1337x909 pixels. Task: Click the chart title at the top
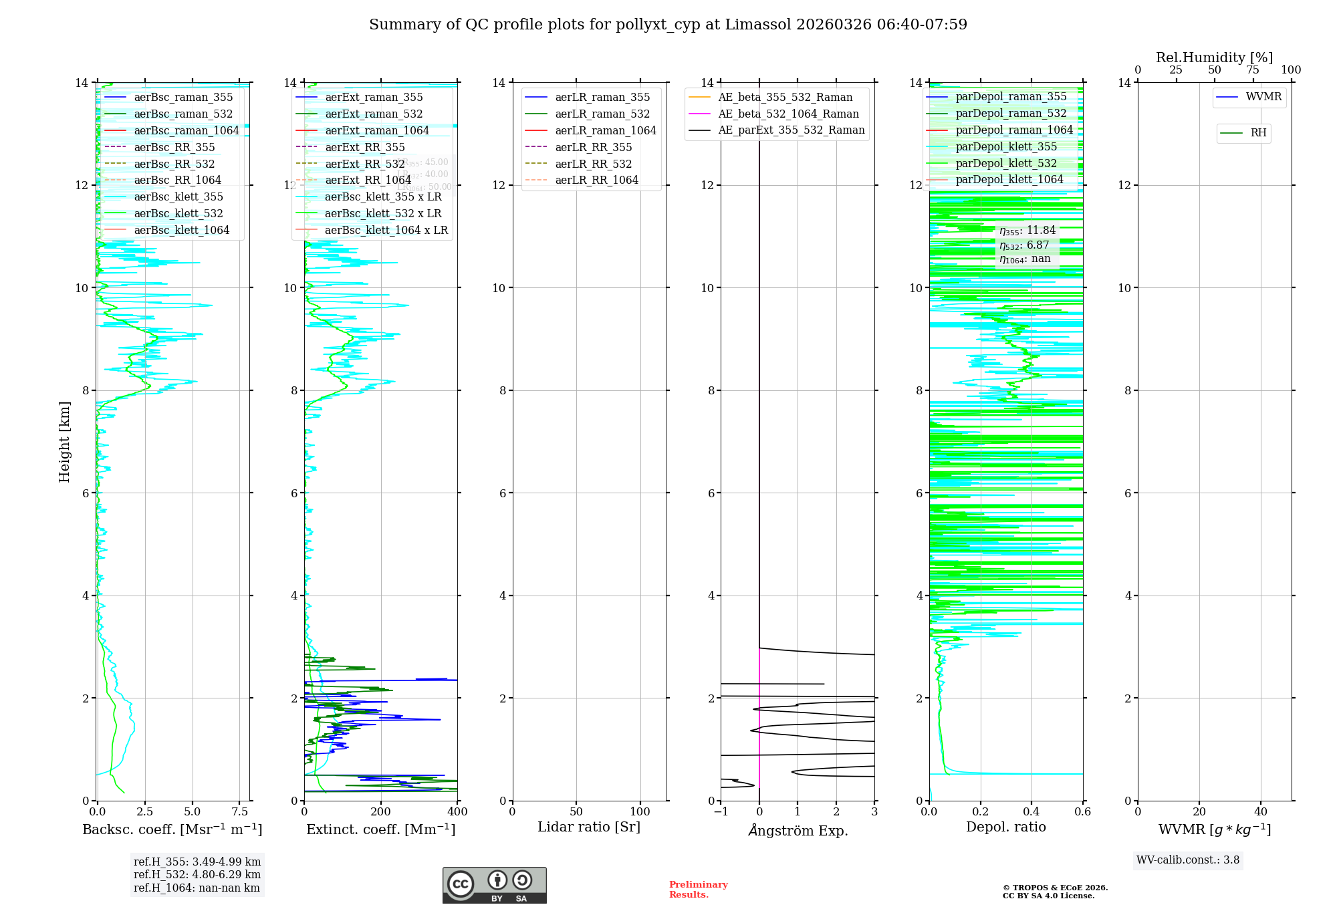pos(668,25)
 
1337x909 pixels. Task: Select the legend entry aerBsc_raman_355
pos(183,98)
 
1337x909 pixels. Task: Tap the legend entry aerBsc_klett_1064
pos(181,230)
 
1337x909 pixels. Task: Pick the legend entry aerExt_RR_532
pos(364,164)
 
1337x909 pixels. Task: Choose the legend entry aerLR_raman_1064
pos(605,130)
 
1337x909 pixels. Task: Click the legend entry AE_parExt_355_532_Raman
pos(791,130)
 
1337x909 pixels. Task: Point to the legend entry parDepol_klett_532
pos(1006,163)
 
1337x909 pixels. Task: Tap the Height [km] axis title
pos(64,441)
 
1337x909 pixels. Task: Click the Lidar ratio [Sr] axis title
pos(589,827)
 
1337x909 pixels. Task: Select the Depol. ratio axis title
pos(1005,827)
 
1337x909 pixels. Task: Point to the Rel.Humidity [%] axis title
pos(1214,57)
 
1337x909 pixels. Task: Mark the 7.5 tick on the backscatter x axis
pos(239,812)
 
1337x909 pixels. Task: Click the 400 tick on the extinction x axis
pos(457,812)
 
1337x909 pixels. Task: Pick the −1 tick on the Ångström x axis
pos(721,812)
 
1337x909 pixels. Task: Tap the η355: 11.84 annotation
pos(1027,231)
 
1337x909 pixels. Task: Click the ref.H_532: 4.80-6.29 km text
pos(197,874)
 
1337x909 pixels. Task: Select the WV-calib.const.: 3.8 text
pos(1188,860)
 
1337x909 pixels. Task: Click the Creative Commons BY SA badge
pos(494,886)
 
